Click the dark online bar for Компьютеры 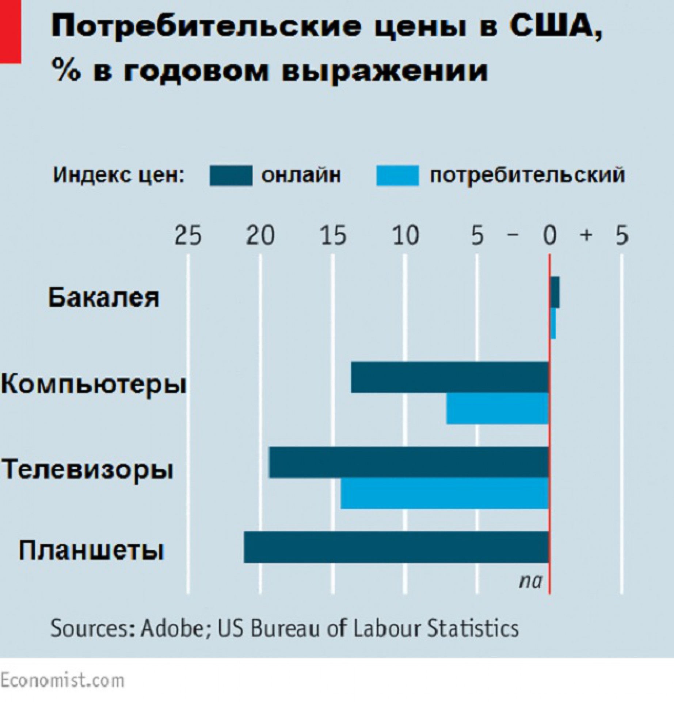pos(449,377)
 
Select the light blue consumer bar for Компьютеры pos(497,408)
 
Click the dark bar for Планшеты pos(396,547)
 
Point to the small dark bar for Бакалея pos(555,298)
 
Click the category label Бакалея pos(104,298)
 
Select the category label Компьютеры pos(94,385)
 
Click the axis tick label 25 pos(188,235)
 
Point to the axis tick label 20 pos(260,235)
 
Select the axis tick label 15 pos(333,235)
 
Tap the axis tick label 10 pos(405,235)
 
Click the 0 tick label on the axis pos(549,235)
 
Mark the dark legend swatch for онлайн pos(231,175)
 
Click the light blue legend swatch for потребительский pos(397,175)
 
